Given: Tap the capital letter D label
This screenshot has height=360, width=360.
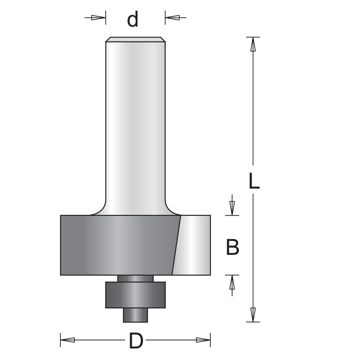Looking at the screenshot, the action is [136, 341].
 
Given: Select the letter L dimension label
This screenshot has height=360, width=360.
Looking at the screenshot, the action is [254, 181].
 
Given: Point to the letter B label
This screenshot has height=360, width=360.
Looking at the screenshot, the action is [233, 247].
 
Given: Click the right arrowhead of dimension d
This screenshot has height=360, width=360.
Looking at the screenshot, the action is [172, 17].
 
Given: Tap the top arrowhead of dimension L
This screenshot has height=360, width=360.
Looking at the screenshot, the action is [253, 44].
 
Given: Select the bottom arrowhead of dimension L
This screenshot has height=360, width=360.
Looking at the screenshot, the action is [253, 315].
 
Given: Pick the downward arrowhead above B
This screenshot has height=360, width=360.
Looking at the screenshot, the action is [232, 208].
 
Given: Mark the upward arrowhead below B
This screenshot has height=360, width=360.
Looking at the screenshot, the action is [232, 282].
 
